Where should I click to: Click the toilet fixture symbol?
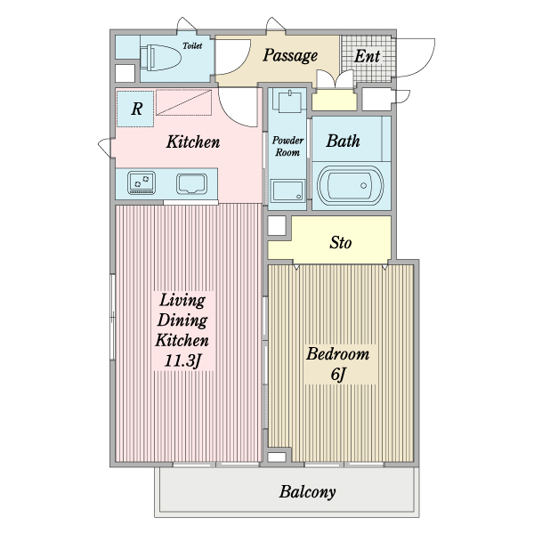pos(160,58)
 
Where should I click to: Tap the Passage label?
pos(290,55)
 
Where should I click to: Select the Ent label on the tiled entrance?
pos(367,56)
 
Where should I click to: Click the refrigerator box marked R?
pos(135,109)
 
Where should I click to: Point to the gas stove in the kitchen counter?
pos(142,182)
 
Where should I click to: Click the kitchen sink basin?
pos(191,184)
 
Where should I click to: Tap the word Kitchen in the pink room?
pos(193,142)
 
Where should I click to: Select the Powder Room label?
pos(287,146)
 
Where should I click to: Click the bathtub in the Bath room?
pos(351,186)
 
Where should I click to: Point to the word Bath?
pos(343,141)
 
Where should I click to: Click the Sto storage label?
pos(341,243)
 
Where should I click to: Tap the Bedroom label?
pos(338,354)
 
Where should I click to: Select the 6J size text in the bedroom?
pos(338,375)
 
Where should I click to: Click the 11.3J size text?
pos(182,361)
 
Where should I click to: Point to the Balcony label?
pos(308,492)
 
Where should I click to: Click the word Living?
pos(182,301)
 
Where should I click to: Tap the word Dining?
pos(182,320)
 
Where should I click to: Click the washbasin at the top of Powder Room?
pos(290,101)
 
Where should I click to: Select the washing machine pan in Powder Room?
pos(287,190)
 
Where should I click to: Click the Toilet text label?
pos(192,45)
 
